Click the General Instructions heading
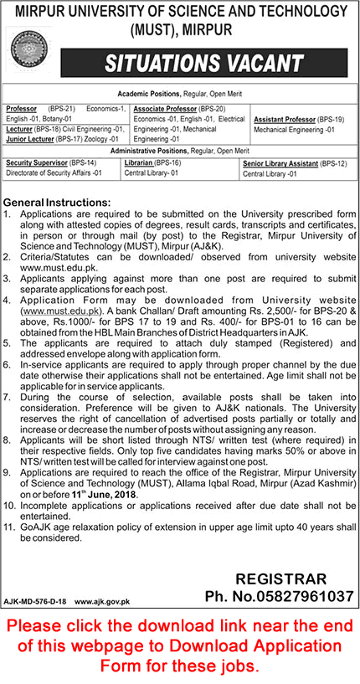57,203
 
